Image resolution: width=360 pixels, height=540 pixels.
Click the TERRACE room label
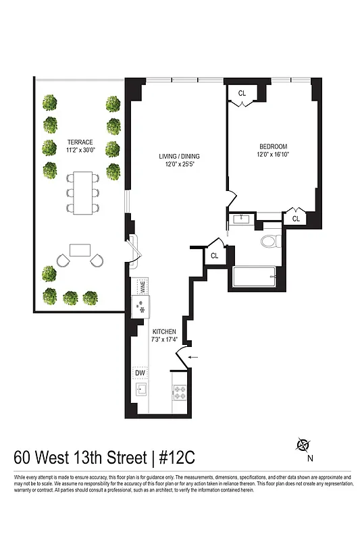[x=80, y=142]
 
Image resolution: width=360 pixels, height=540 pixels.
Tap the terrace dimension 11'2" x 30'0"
[x=80, y=151]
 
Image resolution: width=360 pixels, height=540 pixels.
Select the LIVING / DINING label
[x=175, y=157]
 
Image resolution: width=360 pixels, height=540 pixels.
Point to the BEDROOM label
[x=274, y=146]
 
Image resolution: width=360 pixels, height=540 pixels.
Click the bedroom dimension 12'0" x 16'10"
[x=274, y=155]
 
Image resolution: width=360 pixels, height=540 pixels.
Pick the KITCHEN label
[x=164, y=332]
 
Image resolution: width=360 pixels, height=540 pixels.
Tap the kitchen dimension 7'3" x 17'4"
[x=164, y=340]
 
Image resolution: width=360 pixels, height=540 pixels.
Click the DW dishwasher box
[x=141, y=373]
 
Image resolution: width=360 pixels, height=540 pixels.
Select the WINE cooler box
[x=143, y=288]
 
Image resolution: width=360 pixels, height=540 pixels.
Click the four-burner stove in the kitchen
[x=179, y=391]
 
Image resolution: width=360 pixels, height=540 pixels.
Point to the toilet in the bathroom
[x=269, y=241]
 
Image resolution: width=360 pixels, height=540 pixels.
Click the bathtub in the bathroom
[x=253, y=277]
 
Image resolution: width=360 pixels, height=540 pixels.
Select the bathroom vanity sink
[x=241, y=219]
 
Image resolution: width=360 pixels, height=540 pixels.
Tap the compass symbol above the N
[x=303, y=444]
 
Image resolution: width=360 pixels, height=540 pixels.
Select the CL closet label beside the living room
[x=214, y=256]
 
